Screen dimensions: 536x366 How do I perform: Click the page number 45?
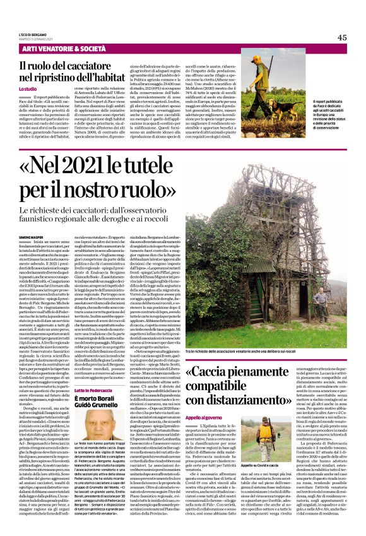pos(342,37)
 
